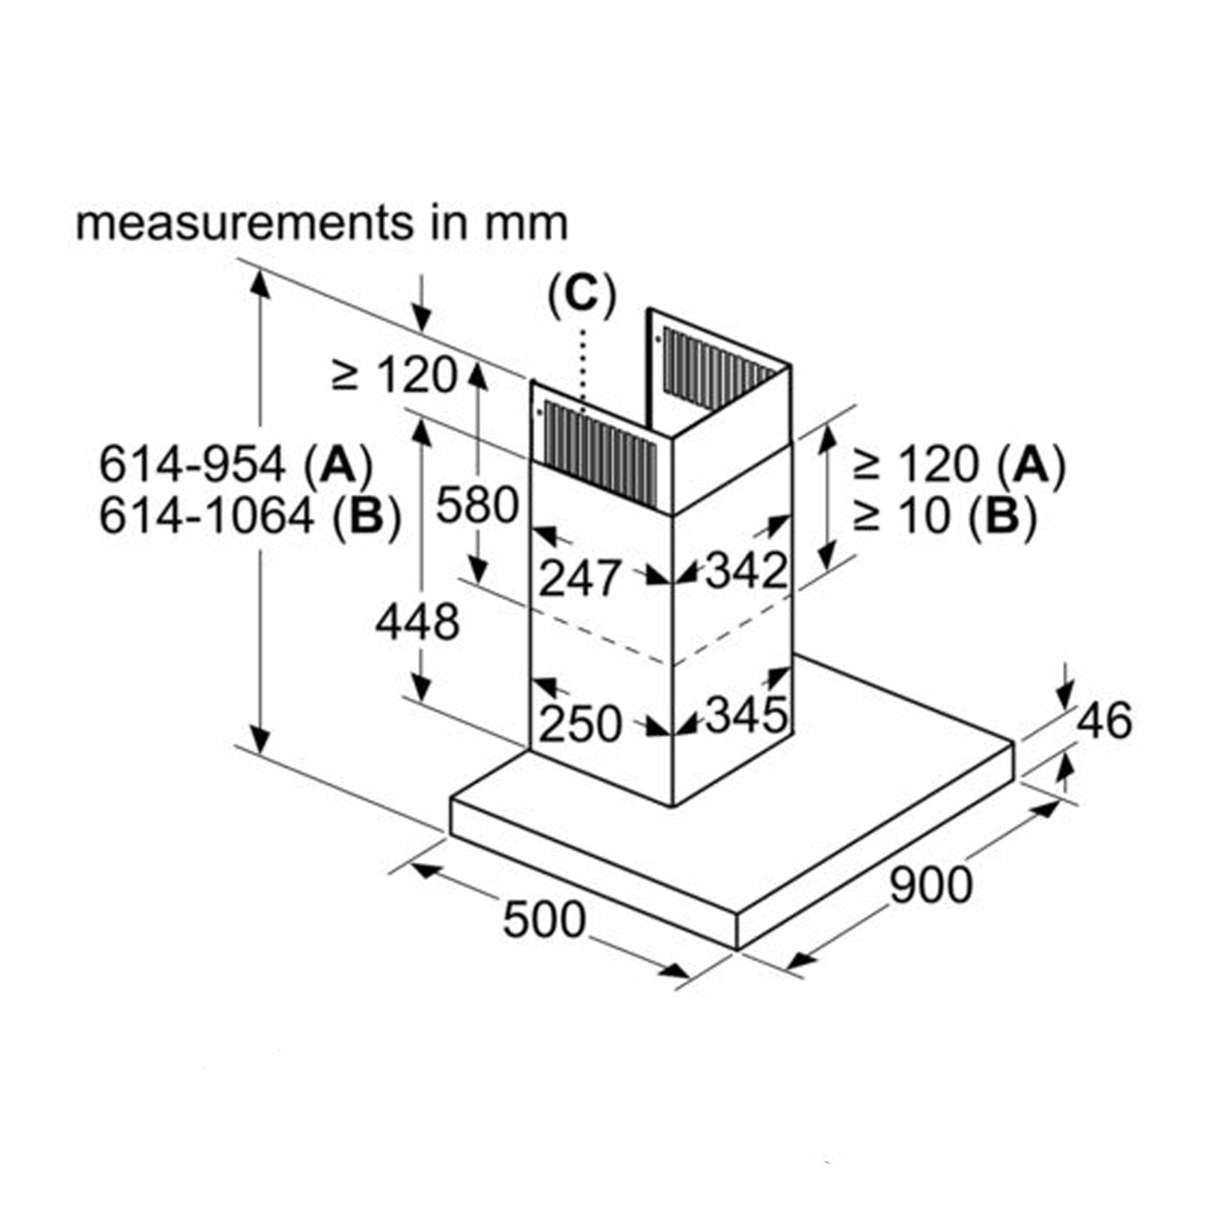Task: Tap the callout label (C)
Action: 581,295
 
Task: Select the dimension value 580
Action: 477,504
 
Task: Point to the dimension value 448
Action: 417,622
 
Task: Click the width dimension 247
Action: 580,578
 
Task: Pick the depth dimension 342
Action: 746,570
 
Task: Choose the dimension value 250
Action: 580,725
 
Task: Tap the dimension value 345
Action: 746,715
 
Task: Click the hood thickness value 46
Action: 1104,721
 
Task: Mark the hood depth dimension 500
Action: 544,919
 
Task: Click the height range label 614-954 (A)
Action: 236,465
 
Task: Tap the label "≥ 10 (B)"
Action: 944,516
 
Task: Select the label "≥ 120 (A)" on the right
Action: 959,465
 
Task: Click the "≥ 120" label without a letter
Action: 394,375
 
